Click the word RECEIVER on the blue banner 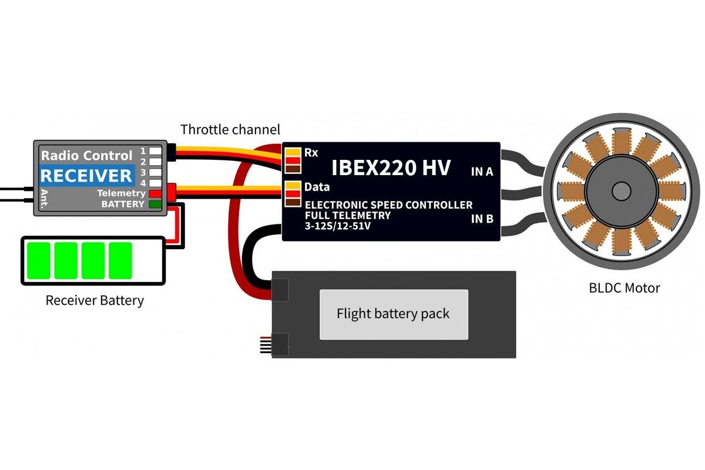[86, 175]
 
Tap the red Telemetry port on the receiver [155, 193]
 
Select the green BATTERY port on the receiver [155, 204]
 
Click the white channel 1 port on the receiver [155, 151]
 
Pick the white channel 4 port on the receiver [155, 183]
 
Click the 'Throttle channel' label [230, 129]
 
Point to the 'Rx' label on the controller [311, 152]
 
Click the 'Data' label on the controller [317, 187]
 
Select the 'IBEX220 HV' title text [391, 168]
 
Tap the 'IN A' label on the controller [482, 172]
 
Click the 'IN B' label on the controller [482, 220]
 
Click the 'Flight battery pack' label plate [393, 314]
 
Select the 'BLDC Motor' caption [624, 288]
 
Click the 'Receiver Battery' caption [95, 301]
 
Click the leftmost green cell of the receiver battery [38, 260]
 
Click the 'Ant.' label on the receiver [43, 199]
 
